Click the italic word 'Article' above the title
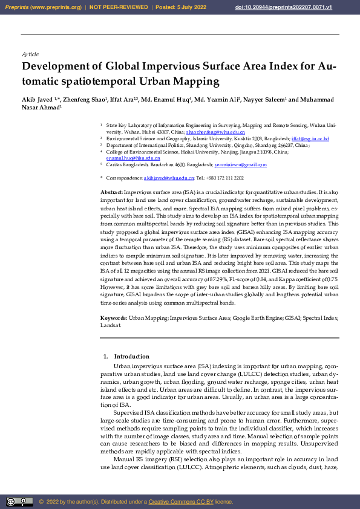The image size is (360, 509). tap(30, 54)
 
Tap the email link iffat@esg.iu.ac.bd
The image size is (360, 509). tap(310, 138)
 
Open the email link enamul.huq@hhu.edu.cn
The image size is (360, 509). tap(133, 158)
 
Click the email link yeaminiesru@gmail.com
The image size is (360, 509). tap(240, 164)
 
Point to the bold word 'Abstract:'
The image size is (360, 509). tap(112, 191)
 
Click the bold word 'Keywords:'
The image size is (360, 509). tap(114, 317)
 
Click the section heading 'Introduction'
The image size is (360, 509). tap(131, 357)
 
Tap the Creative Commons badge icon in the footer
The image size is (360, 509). tap(19, 501)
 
